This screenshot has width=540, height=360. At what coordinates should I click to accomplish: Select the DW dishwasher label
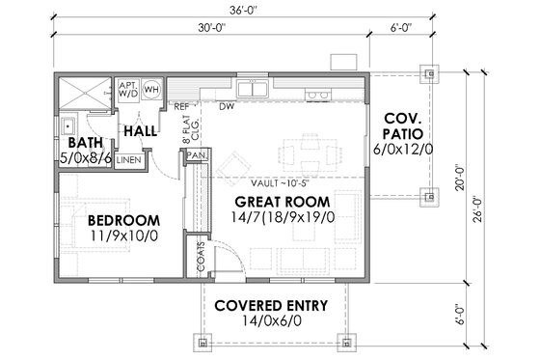point(228,106)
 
